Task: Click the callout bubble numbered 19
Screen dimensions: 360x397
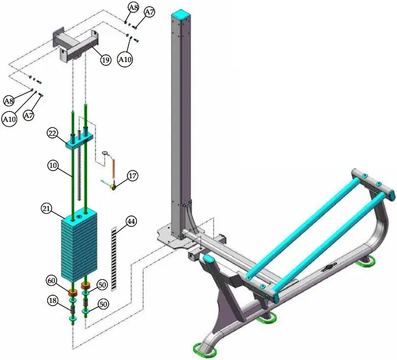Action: point(105,60)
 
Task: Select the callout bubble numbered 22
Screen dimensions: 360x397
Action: point(53,133)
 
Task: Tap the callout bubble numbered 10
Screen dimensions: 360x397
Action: point(53,166)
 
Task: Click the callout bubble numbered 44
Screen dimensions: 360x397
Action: point(131,221)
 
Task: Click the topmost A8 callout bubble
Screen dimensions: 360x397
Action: point(133,8)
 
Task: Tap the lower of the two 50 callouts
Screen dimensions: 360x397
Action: point(103,304)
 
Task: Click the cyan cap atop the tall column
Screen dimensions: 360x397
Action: point(181,14)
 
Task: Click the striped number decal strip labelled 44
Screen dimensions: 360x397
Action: point(114,258)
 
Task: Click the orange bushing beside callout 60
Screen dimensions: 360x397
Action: point(72,291)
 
